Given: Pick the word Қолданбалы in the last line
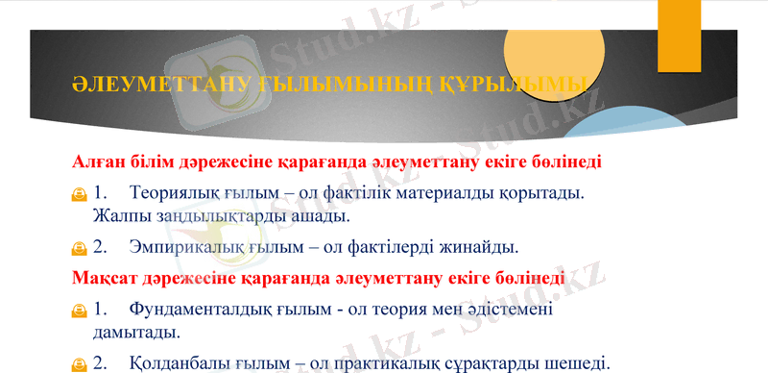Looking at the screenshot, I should click(182, 363).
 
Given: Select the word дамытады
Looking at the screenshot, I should click(135, 333).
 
